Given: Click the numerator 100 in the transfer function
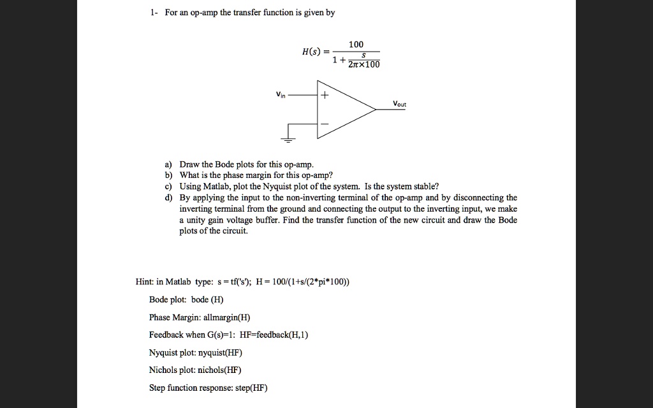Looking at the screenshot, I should pos(356,44).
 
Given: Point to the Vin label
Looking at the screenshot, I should pos(281,95).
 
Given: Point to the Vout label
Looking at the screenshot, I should pos(399,103).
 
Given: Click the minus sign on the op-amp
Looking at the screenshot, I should pos(324,123).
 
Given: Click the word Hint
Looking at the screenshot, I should pos(145,281).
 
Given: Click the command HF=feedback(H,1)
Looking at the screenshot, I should pos(274,335).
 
